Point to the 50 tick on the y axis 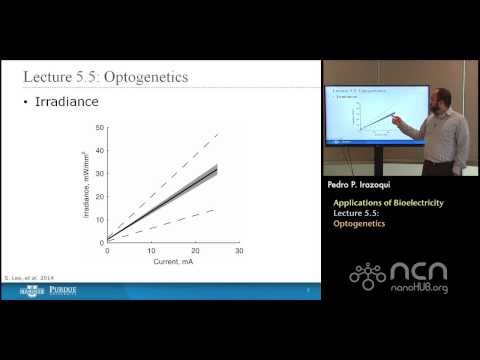point(99,128)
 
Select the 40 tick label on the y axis point(99,151)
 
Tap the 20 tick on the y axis point(99,197)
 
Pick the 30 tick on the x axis point(239,251)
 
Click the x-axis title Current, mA point(171,261)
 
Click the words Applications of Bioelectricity point(388,203)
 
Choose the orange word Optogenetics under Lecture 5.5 point(360,225)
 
